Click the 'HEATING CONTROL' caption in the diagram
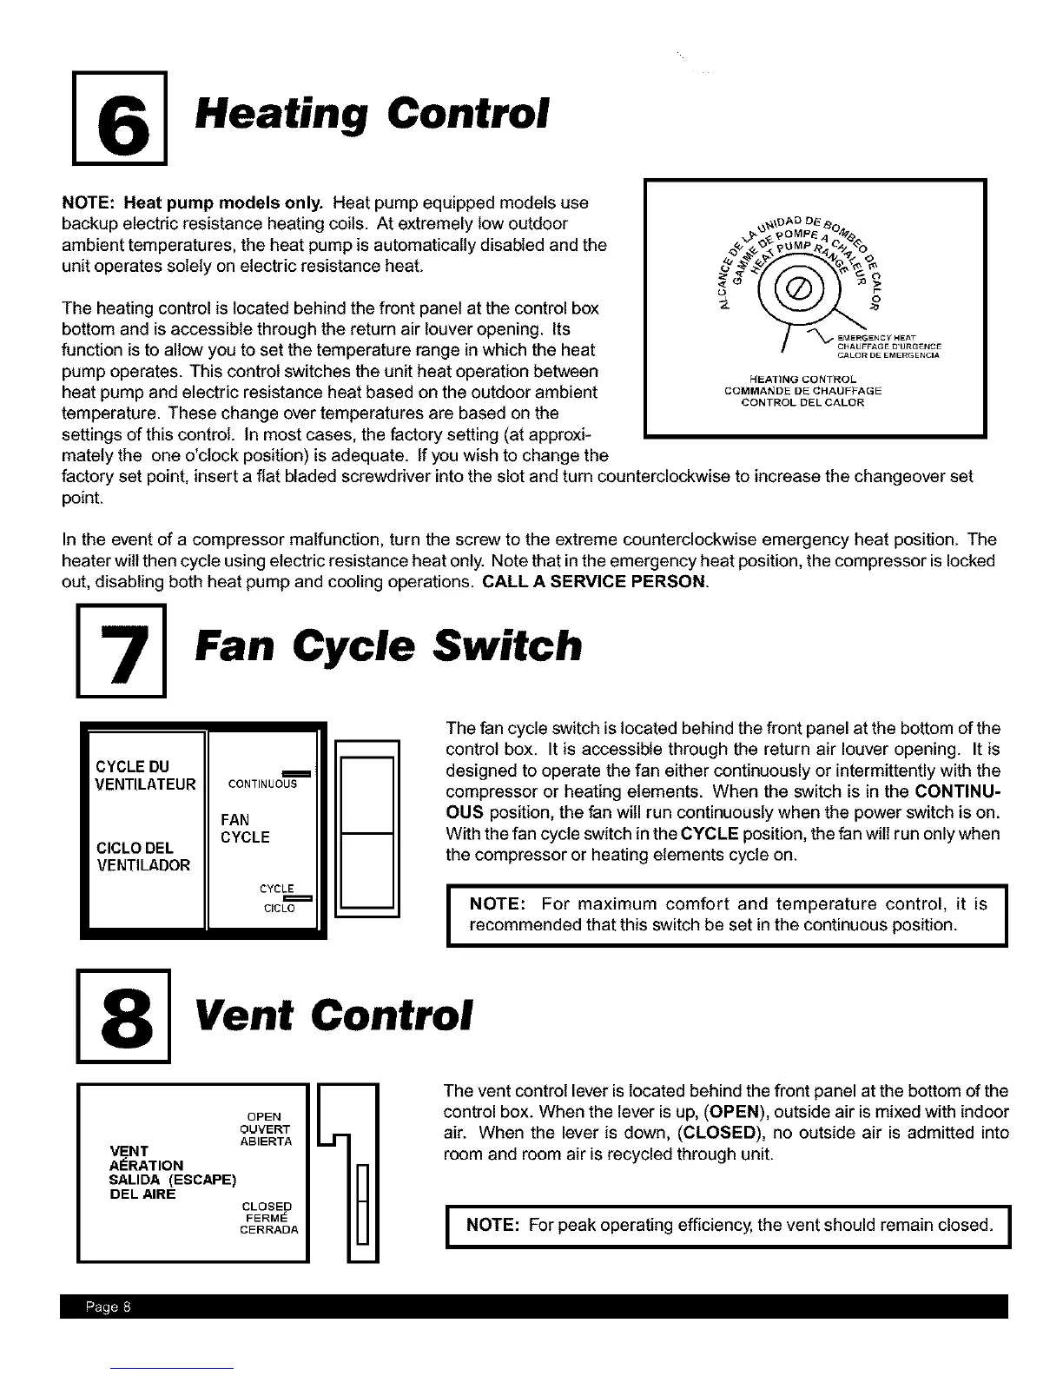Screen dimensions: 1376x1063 [802, 379]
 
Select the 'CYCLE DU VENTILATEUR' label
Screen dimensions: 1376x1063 [145, 776]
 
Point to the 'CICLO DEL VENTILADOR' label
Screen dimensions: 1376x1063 [142, 856]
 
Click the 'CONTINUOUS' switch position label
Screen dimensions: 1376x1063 [262, 784]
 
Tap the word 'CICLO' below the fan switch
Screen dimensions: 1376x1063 [280, 909]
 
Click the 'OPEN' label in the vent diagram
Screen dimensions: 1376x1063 [264, 1116]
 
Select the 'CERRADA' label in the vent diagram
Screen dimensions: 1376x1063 [269, 1229]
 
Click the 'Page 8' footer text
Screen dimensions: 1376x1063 [107, 1308]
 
